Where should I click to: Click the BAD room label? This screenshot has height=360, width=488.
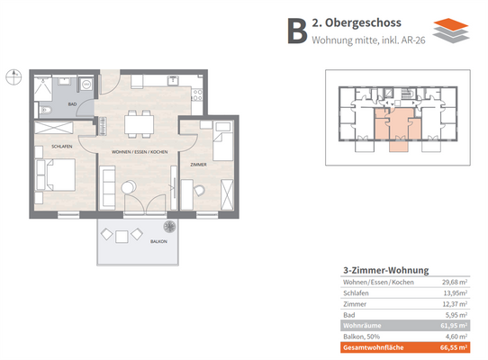[x=72, y=104]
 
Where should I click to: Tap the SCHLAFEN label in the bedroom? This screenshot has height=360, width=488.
[x=62, y=146]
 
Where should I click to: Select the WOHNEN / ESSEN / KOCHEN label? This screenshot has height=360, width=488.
[x=140, y=152]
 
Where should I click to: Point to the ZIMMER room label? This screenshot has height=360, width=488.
[x=199, y=165]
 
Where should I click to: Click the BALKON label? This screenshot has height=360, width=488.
[x=158, y=241]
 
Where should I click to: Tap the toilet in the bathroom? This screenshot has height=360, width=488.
[x=45, y=110]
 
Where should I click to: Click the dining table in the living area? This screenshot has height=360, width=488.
[x=140, y=124]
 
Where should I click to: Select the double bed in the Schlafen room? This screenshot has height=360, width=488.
[x=56, y=175]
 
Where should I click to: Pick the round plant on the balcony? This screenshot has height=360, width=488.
[x=169, y=227]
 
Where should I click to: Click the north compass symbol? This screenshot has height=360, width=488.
[x=14, y=76]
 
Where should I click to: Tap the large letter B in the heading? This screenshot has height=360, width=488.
[x=297, y=31]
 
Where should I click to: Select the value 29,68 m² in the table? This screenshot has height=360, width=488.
[x=455, y=283]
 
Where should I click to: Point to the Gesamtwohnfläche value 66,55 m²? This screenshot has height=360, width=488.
[x=454, y=347]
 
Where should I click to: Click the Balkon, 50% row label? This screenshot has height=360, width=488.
[x=361, y=337]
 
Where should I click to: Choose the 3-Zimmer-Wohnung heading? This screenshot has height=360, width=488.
[x=386, y=270]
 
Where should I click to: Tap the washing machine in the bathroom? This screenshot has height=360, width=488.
[x=86, y=84]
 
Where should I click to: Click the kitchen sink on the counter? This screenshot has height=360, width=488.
[x=172, y=80]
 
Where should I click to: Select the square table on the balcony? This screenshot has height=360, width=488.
[x=122, y=237]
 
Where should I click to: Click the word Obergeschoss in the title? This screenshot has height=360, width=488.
[x=363, y=22]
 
